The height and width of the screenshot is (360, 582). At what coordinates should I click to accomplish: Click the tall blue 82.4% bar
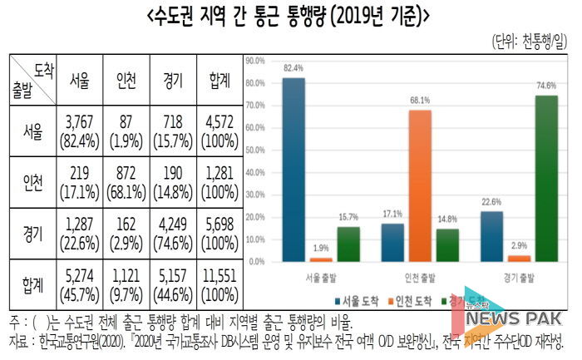293,170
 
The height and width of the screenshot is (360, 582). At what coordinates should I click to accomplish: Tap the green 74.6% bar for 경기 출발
546,178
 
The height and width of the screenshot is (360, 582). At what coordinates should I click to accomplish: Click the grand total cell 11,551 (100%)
219,282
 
